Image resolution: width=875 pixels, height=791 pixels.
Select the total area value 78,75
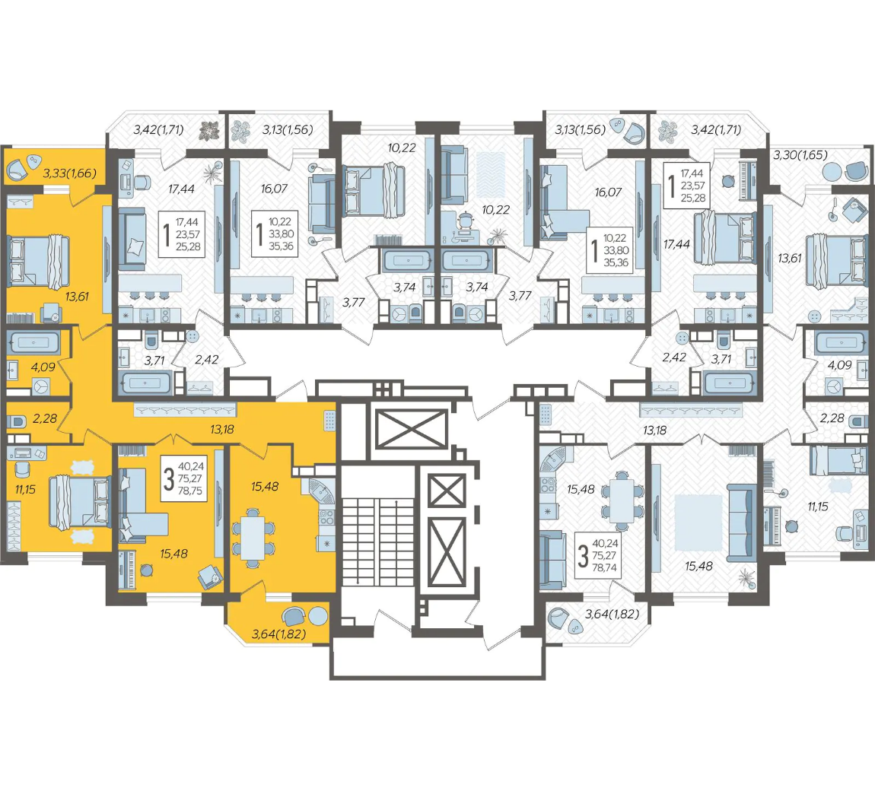189,491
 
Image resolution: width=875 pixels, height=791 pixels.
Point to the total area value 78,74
604,568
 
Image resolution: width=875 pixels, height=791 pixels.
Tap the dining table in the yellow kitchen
253,538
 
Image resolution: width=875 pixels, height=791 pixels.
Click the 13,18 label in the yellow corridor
222,430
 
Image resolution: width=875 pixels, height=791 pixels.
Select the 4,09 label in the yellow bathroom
43,367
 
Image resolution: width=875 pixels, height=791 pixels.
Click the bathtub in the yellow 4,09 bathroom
34,343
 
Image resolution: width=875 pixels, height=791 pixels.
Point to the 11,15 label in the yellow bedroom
25,489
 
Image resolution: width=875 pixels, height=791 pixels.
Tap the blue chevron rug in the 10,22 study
491,175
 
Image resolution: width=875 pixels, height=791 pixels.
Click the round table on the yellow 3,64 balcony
318,616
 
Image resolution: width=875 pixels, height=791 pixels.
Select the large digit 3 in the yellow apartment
168,478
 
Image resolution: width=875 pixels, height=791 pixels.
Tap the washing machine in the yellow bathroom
41,386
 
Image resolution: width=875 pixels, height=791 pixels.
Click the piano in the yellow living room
128,570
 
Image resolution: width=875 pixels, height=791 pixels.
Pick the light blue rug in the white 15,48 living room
698,523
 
